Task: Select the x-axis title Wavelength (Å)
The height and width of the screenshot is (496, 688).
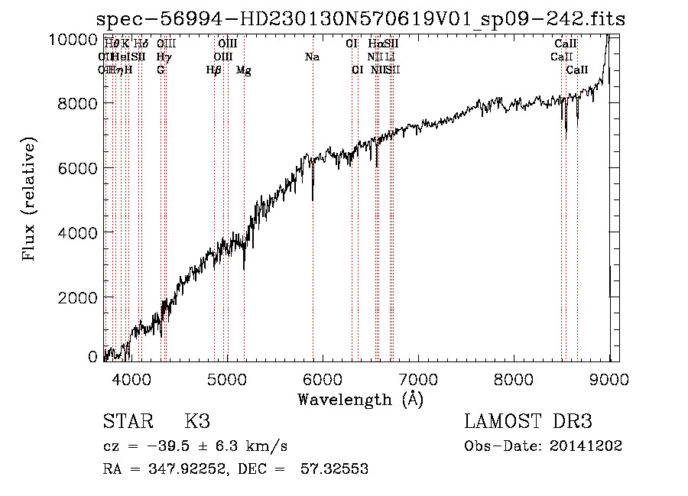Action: coord(360,398)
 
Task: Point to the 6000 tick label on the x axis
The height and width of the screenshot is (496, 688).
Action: coord(323,378)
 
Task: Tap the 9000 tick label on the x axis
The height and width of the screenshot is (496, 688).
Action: coord(609,378)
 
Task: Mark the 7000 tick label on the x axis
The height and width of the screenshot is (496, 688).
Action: coord(418,378)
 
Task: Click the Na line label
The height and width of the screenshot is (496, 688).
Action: coord(312,57)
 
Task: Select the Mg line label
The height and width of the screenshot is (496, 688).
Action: coord(244,70)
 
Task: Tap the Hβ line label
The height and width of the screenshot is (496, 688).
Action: coord(214,70)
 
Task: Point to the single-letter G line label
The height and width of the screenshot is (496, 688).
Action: coord(161,70)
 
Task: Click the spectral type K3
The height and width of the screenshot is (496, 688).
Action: coord(197,421)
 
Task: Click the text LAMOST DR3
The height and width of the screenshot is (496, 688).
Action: coord(528,421)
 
